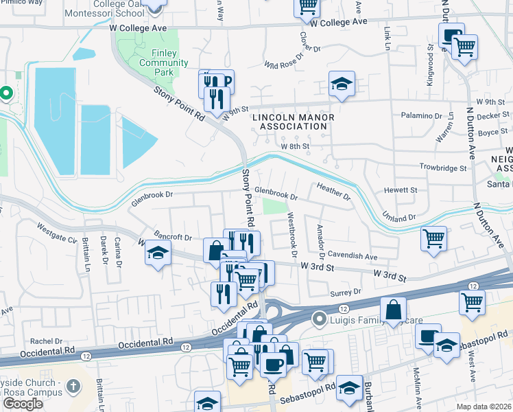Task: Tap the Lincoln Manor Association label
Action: pos(294,122)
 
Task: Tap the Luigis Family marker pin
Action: pos(318,319)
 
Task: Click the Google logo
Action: pos(23,403)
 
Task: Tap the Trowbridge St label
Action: pos(443,168)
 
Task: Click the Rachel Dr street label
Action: pos(47,341)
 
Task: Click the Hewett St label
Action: pos(401,190)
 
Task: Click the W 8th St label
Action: pos(295,146)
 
